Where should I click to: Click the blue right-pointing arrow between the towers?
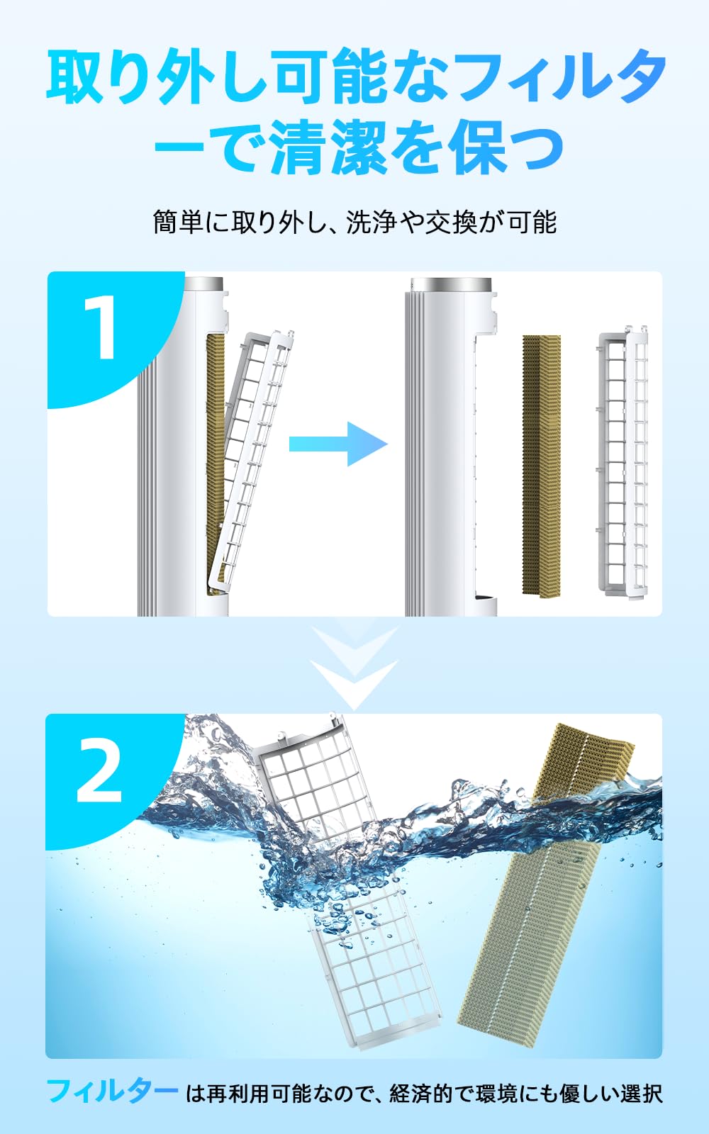click(x=338, y=444)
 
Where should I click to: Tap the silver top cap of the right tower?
click(x=451, y=285)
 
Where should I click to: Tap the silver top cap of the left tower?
click(x=203, y=284)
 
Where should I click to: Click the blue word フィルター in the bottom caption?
click(x=112, y=1091)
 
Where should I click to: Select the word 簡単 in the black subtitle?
click(x=178, y=222)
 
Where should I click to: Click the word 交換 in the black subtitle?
click(x=451, y=222)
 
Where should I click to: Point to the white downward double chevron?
click(x=354, y=667)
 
